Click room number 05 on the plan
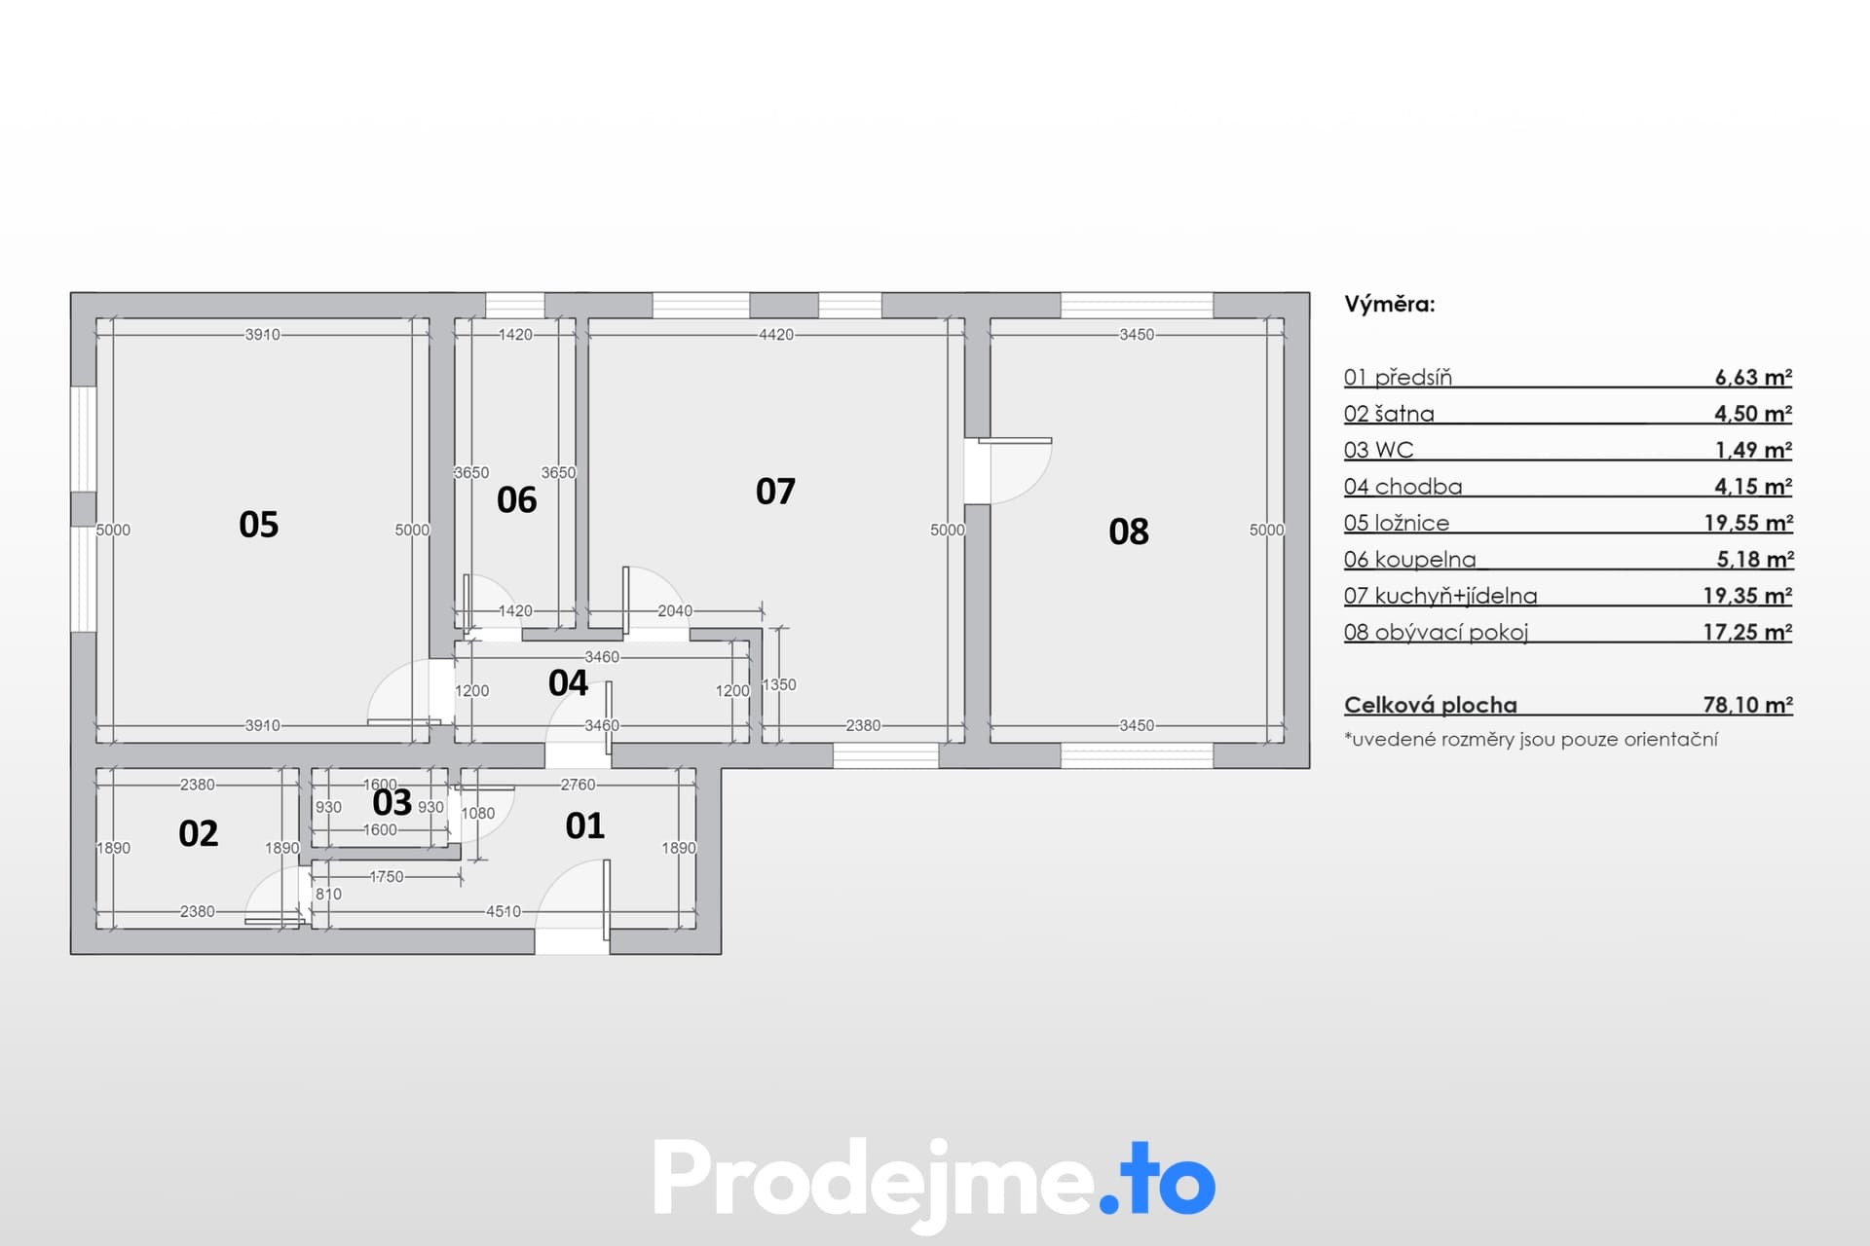[259, 525]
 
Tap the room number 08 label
[1129, 531]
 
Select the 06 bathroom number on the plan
[516, 500]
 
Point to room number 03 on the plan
[393, 802]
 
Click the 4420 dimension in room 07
[776, 335]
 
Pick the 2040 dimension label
[675, 611]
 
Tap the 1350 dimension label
[779, 685]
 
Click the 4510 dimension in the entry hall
[504, 912]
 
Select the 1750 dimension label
[387, 877]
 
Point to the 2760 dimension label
[579, 785]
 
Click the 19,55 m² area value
[1748, 523]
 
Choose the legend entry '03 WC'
[1378, 450]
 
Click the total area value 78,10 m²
[1748, 705]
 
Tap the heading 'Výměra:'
[1390, 305]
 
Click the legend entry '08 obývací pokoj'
[1437, 633]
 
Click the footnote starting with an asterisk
[1531, 739]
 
